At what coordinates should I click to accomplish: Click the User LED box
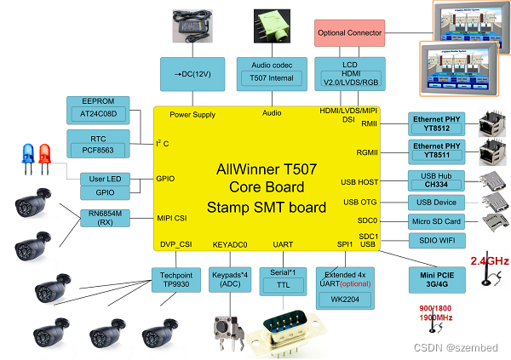point(106,179)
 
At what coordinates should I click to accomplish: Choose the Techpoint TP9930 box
point(177,280)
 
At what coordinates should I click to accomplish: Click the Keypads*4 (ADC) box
point(228,280)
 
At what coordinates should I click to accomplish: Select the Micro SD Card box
point(436,222)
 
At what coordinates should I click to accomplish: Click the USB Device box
point(436,202)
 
